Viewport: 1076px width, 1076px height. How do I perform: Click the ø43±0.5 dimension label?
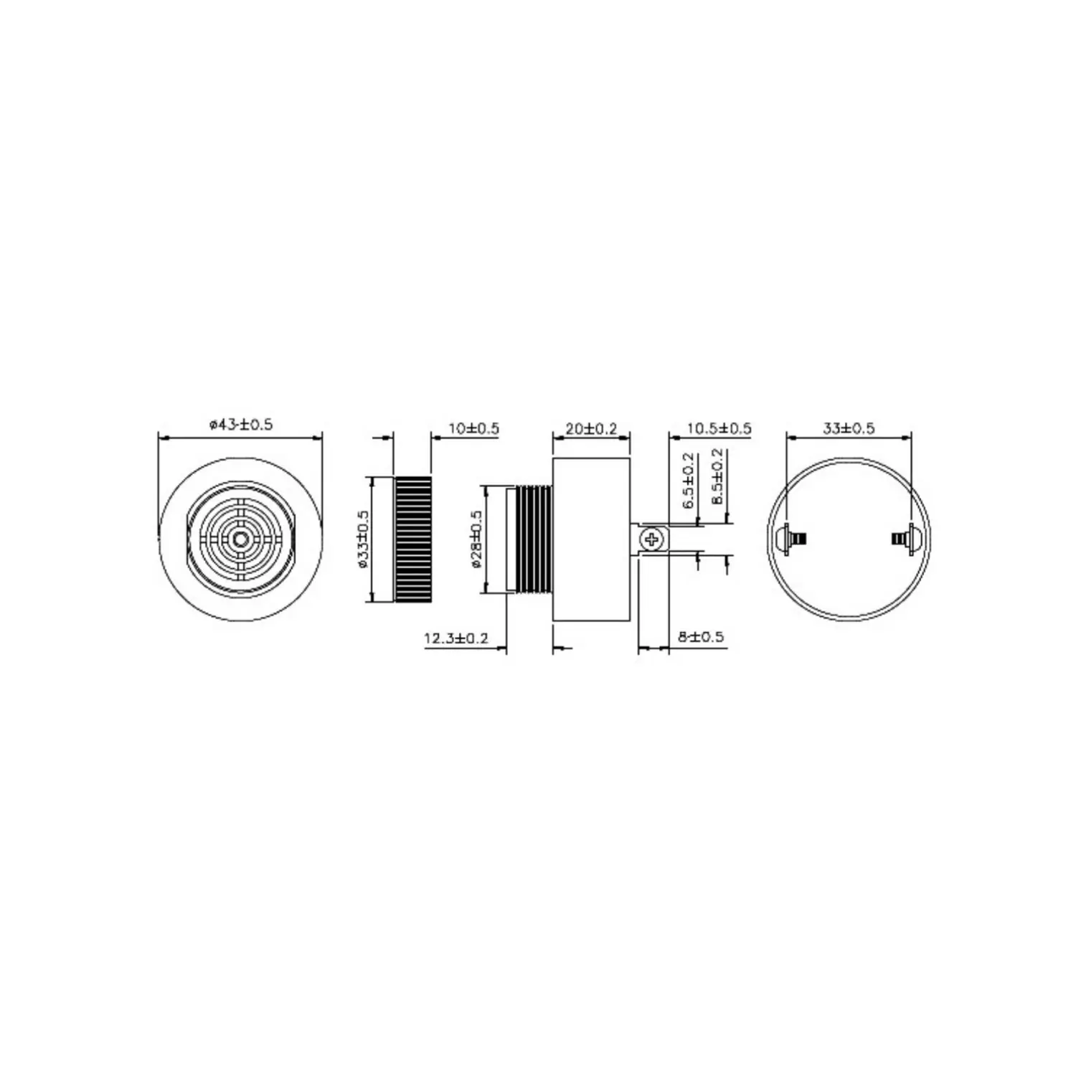(x=241, y=424)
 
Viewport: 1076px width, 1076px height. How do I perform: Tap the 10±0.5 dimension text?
(x=473, y=429)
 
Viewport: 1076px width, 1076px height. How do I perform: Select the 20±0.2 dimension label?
(x=591, y=429)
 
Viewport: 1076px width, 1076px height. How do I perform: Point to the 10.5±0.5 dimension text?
(x=719, y=429)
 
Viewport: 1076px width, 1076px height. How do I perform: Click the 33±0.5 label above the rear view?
(x=849, y=428)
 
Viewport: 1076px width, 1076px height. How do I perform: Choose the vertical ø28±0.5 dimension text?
(x=477, y=540)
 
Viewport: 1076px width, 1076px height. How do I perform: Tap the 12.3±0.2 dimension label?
(x=456, y=638)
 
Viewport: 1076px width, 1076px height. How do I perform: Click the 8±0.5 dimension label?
(x=700, y=636)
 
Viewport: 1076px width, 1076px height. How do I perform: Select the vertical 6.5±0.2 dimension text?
(x=689, y=481)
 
